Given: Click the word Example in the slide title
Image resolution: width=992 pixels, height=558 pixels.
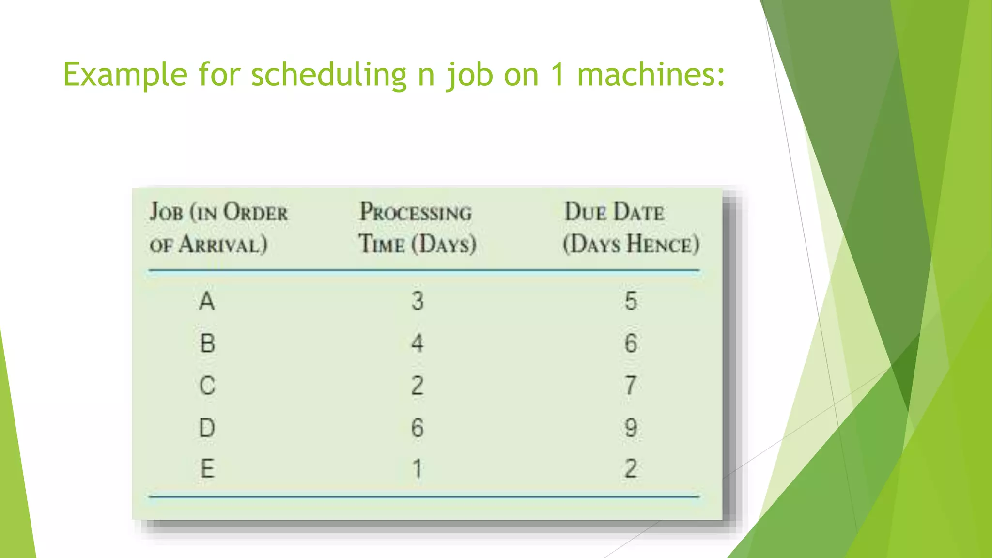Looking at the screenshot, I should coord(125,75).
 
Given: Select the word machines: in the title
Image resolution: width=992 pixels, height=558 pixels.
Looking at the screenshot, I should coord(651,75).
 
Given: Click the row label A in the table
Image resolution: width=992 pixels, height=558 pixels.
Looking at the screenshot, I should coord(207,301).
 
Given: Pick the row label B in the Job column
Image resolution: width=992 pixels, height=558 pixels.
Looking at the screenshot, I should coord(207,343).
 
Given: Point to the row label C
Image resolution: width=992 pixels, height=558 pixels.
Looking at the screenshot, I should coord(207,386).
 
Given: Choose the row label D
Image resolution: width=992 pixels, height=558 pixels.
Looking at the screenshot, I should coord(207,428).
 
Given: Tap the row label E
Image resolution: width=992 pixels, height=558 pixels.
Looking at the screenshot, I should coord(207,469).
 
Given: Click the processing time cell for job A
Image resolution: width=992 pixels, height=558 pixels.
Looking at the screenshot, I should coord(418,301).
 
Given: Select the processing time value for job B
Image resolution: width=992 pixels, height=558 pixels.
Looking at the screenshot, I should coord(417,343).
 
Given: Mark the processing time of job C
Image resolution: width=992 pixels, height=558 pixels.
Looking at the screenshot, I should coord(417,386).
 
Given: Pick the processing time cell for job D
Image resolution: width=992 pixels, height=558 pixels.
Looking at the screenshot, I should coord(417,428).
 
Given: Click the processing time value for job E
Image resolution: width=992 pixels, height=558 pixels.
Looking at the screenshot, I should coord(417,469).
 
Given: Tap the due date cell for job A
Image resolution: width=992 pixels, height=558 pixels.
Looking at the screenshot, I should coord(631,301).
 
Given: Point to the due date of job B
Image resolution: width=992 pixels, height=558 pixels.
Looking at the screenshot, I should coord(631,343).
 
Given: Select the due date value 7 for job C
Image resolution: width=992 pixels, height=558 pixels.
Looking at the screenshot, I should coord(630,386).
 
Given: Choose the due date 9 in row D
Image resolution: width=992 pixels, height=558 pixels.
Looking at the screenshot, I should coord(631,428).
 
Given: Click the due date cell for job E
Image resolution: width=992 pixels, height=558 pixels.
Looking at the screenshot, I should coord(631,469).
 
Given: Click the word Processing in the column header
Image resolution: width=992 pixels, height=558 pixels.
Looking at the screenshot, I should coord(416,212).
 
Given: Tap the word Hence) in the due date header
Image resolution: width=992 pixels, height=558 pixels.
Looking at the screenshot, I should coord(663,244).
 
